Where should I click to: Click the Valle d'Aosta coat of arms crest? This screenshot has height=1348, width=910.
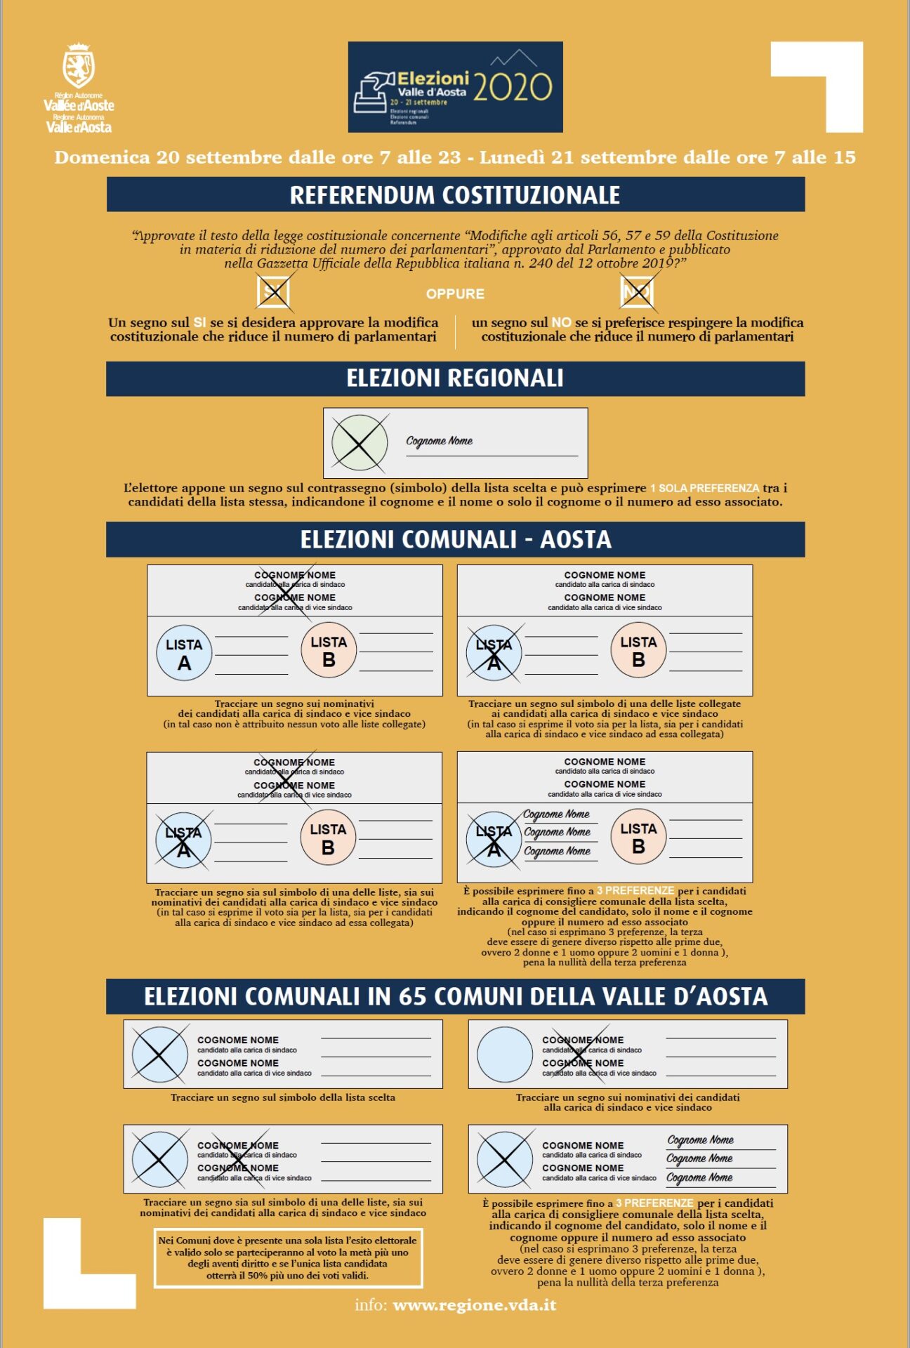(x=79, y=67)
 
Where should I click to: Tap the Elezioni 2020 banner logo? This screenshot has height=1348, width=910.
(x=455, y=87)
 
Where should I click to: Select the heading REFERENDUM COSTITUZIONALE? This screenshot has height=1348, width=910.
(x=455, y=194)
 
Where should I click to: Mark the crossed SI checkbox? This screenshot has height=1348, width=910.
(x=273, y=292)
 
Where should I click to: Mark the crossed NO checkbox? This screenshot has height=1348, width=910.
(x=637, y=292)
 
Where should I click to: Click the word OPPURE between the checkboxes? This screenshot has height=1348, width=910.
(x=455, y=294)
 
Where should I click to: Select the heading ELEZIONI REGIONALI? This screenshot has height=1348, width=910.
(x=455, y=378)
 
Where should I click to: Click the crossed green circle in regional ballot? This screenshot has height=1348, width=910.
(x=359, y=443)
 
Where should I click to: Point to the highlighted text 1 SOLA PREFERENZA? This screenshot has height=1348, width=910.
(x=704, y=488)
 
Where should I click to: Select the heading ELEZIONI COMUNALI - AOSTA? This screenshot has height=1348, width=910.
(x=455, y=539)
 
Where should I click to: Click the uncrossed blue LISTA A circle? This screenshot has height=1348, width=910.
(x=184, y=654)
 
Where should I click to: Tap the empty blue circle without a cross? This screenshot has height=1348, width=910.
(x=504, y=1054)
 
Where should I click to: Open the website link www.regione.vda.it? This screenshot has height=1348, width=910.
(x=475, y=1305)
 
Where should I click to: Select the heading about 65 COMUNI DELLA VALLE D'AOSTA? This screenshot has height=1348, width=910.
(x=455, y=996)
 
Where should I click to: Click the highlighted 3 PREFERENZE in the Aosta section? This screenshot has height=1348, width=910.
(x=635, y=891)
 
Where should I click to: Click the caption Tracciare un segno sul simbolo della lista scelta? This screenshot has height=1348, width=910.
(x=283, y=1097)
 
